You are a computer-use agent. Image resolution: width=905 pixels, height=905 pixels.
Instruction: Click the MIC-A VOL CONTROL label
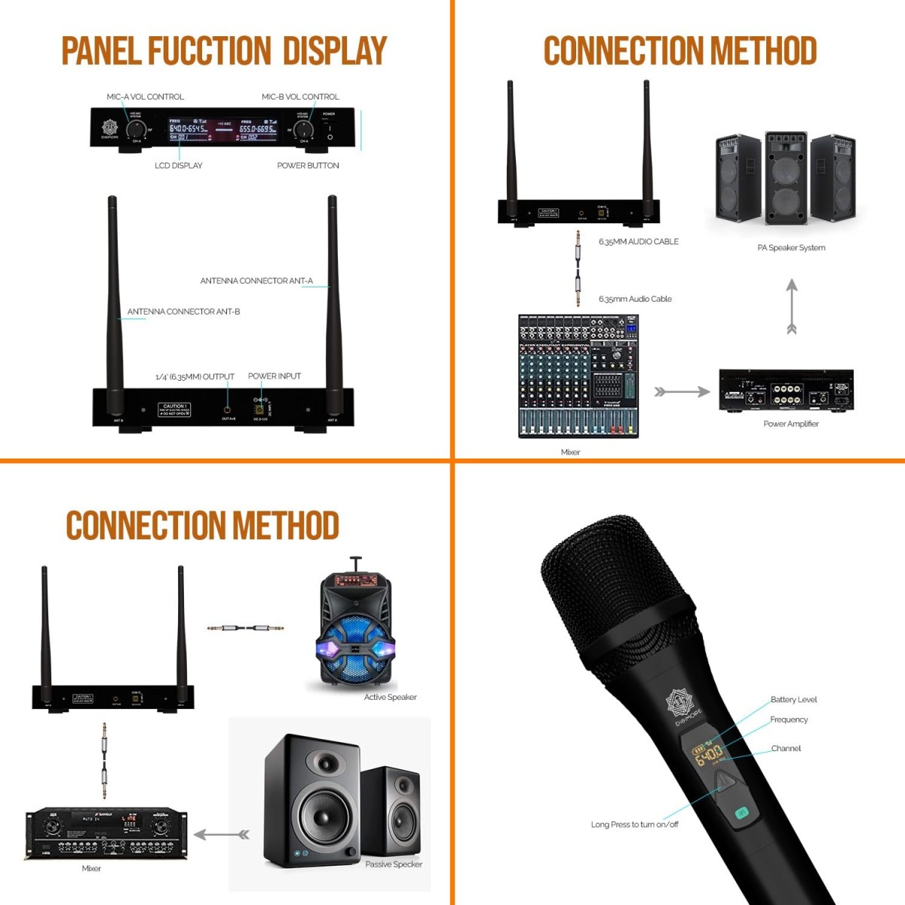[x=145, y=97]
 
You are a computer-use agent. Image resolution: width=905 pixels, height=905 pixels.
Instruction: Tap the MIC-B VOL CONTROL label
[x=300, y=97]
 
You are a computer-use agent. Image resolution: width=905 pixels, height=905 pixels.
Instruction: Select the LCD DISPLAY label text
[x=178, y=165]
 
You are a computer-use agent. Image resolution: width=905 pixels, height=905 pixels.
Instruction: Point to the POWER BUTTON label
[x=308, y=165]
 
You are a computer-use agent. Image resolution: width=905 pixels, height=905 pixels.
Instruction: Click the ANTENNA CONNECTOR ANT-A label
[x=256, y=281]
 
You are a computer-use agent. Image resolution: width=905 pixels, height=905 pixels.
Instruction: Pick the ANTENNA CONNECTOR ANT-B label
[x=183, y=311]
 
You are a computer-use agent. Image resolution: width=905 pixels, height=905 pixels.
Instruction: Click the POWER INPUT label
[x=275, y=376]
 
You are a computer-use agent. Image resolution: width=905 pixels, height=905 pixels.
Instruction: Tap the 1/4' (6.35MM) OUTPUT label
[x=195, y=376]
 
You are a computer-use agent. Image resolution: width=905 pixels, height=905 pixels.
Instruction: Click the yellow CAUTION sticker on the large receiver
[x=174, y=410]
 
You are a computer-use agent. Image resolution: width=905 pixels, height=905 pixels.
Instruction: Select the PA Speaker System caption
[x=791, y=247]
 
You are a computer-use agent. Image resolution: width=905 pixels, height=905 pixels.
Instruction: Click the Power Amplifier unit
[x=786, y=391]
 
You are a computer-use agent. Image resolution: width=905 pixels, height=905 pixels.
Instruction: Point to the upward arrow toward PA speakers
[x=791, y=306]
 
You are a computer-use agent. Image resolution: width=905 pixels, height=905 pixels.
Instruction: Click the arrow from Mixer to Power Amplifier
[x=682, y=392]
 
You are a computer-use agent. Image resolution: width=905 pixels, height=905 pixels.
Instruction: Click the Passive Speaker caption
[x=394, y=864]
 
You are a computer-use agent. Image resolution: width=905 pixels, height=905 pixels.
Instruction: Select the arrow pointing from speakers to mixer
[x=222, y=834]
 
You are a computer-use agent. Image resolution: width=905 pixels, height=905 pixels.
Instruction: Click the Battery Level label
[x=793, y=699]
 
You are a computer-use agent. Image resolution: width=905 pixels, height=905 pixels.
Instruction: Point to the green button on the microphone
[x=741, y=812]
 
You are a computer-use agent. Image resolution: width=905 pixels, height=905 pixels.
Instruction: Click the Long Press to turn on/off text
[x=634, y=824]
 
